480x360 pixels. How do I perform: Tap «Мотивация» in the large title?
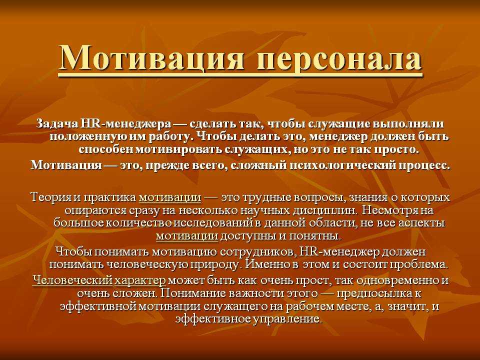[151, 57]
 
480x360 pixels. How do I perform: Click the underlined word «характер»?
[140, 280]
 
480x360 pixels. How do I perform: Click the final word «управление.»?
[288, 319]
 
